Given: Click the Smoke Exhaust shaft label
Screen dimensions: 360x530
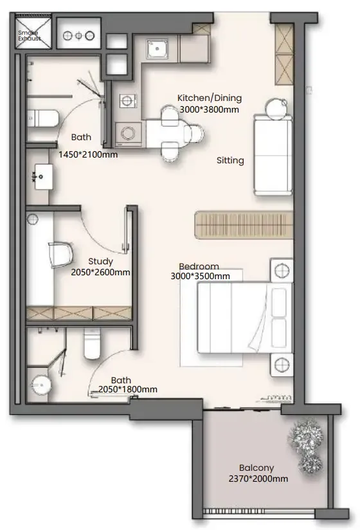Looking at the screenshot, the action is tap(30, 35).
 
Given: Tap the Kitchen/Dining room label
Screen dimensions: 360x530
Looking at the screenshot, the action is tap(210, 98).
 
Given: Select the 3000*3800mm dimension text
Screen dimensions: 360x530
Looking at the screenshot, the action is tap(209, 109).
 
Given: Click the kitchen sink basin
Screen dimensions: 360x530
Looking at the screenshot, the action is tap(157, 49).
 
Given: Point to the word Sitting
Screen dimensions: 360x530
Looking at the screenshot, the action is tap(230, 160).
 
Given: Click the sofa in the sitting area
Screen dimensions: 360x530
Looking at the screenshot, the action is tap(273, 155).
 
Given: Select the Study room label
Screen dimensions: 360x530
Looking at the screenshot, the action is tap(100, 261).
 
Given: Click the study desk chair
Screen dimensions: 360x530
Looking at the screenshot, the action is tap(61, 255).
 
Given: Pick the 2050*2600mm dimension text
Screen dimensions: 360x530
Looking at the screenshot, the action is tap(101, 272).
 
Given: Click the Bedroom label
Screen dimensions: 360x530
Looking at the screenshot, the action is tap(199, 266).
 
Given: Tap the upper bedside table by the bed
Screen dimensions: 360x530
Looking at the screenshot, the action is tap(282, 270).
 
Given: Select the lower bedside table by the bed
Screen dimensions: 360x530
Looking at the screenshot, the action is tap(282, 365).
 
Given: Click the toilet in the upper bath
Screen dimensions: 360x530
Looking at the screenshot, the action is tap(43, 118).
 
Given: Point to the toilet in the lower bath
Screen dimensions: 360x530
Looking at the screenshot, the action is tap(92, 343).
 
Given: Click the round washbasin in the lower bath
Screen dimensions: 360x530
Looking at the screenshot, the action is tap(41, 385).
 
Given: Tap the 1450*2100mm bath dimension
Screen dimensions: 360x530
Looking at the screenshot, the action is tap(88, 155).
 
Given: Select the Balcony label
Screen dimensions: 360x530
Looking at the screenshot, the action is tap(256, 468).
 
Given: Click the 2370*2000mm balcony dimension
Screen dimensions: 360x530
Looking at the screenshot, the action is tap(258, 479).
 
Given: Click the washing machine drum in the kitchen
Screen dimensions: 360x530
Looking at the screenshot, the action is tap(128, 133).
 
